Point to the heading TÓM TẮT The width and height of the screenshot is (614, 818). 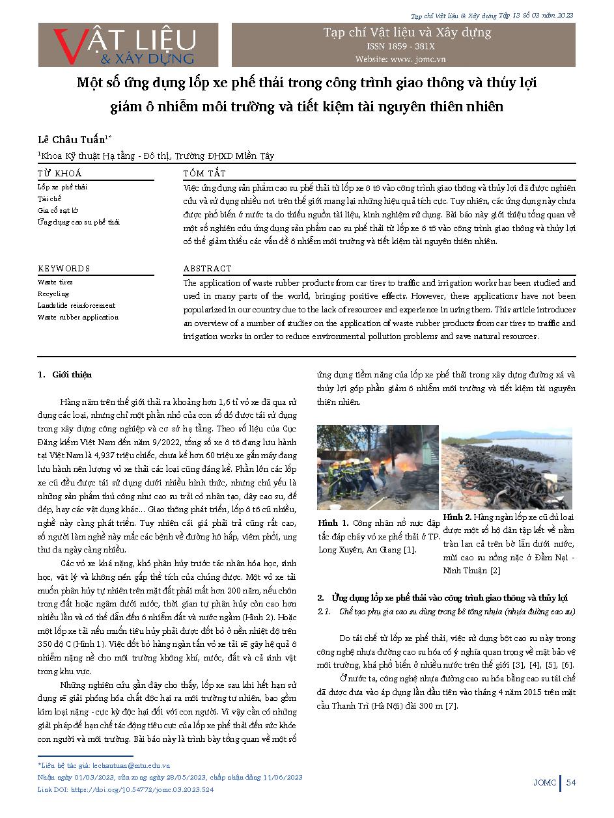pyautogui.click(x=204, y=173)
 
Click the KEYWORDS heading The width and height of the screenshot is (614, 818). pyautogui.click(x=64, y=268)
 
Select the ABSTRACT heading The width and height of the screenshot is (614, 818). pyautogui.click(x=207, y=268)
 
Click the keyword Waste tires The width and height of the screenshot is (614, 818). pyautogui.click(x=55, y=282)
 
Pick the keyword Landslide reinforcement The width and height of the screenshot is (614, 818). pyautogui.click(x=76, y=305)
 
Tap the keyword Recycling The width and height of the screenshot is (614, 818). pyautogui.click(x=53, y=294)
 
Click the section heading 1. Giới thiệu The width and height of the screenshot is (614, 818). pyautogui.click(x=65, y=375)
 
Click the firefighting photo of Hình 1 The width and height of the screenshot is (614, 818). pyautogui.click(x=378, y=467)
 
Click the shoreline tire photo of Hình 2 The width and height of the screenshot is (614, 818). pyautogui.click(x=507, y=467)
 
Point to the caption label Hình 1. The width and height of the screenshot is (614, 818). pyautogui.click(x=333, y=523)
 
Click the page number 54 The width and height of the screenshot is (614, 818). pyautogui.click(x=570, y=782)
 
